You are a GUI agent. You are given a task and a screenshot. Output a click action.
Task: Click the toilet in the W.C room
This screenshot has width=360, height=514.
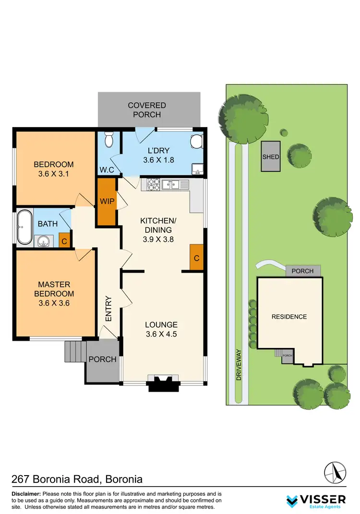(x=108, y=139)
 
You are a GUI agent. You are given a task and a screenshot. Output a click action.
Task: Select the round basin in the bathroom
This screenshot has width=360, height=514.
(x=44, y=241)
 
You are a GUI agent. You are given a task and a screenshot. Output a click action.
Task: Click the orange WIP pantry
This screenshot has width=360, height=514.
(x=107, y=201)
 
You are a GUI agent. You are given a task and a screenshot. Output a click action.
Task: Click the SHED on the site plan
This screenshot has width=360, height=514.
(x=271, y=157)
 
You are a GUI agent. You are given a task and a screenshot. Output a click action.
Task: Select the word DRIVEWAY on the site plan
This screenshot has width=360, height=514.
(x=239, y=365)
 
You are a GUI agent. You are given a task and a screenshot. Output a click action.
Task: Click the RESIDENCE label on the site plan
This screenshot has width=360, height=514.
(x=289, y=317)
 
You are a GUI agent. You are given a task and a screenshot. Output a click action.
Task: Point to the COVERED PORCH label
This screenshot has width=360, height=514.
(x=147, y=110)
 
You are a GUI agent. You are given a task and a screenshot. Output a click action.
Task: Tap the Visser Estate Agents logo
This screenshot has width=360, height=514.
(x=315, y=500)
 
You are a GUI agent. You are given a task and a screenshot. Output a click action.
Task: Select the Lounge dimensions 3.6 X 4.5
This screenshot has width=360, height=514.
(x=162, y=334)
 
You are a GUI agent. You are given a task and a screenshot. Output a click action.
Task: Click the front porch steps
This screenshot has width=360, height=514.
(x=75, y=351)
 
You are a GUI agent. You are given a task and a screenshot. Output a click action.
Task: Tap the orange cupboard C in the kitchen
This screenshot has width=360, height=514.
(x=196, y=258)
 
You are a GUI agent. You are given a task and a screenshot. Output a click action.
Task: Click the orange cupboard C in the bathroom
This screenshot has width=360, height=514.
(x=64, y=241)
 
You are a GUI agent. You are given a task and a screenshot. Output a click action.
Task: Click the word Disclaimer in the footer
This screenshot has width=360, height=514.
(x=26, y=494)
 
